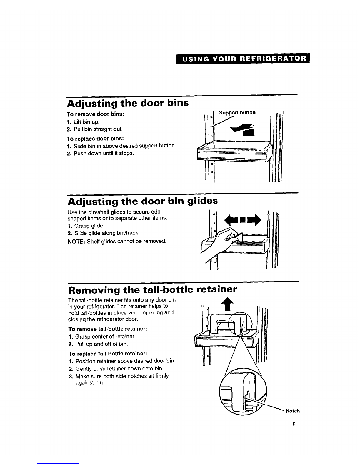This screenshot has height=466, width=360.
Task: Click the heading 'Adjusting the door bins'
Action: point(128,104)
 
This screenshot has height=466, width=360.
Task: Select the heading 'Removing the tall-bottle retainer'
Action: point(152,290)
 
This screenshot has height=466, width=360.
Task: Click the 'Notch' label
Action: point(293,411)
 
